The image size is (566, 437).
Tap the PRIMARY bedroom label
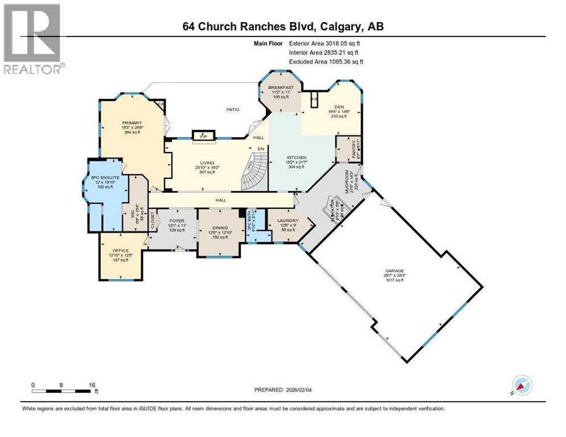(130, 122)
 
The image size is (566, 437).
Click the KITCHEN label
(297, 158)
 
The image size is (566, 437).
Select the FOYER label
(177, 220)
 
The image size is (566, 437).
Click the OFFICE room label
(120, 250)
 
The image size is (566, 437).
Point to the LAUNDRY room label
(288, 220)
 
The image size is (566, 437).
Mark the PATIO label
(232, 109)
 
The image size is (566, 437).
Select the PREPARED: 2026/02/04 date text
(285, 390)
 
